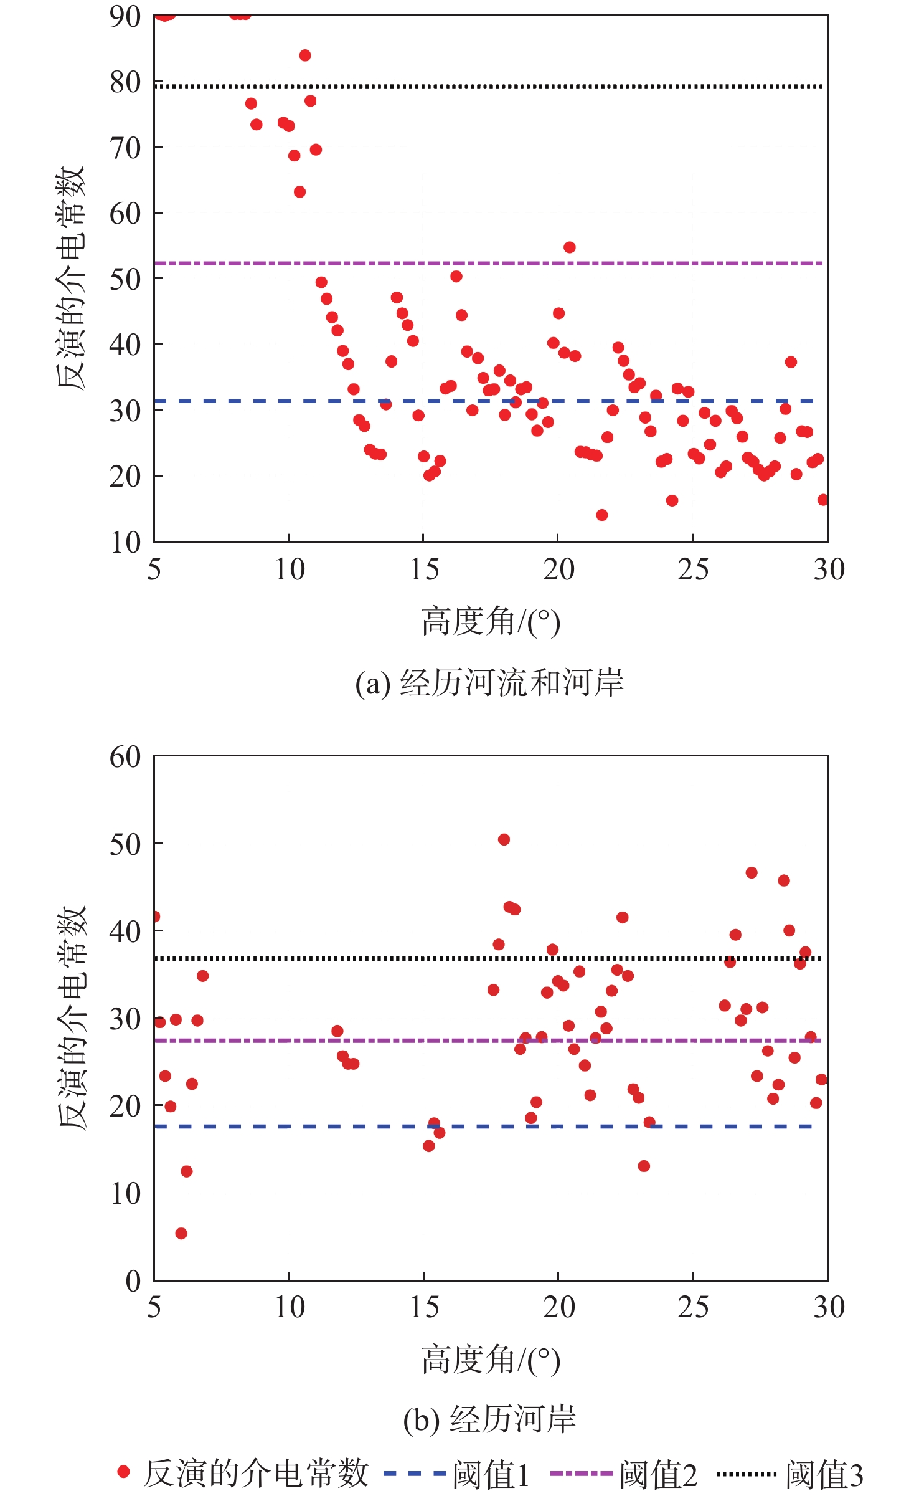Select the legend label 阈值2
click(x=658, y=1475)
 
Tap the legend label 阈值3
click(x=824, y=1475)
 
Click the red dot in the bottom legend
click(x=123, y=1472)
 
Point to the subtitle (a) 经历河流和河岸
click(x=489, y=683)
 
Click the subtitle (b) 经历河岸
click(x=489, y=1420)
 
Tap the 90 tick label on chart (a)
click(x=125, y=17)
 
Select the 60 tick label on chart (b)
click(x=125, y=757)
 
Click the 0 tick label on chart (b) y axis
click(x=133, y=1281)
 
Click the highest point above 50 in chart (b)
click(x=504, y=839)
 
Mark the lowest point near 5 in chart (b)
click(x=181, y=1233)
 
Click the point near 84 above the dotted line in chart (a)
click(x=305, y=55)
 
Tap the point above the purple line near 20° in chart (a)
click(x=569, y=247)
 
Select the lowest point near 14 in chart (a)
click(x=601, y=515)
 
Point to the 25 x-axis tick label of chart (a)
click(x=692, y=569)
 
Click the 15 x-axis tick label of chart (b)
click(x=423, y=1307)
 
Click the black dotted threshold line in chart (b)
click(x=374, y=958)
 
